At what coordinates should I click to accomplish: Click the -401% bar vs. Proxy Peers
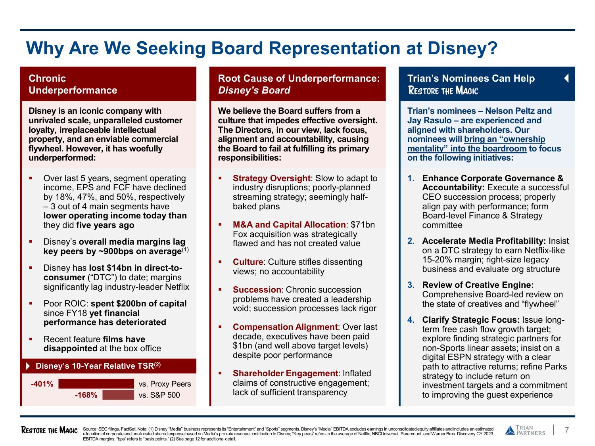(x=96, y=384)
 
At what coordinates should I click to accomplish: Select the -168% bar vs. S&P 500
(x=118, y=395)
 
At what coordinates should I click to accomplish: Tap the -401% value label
(x=42, y=384)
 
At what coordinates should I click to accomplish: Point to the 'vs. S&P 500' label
(x=159, y=395)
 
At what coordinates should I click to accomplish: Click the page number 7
(x=567, y=430)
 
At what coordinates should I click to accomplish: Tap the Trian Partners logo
(x=525, y=431)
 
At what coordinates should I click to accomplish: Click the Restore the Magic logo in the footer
(x=49, y=431)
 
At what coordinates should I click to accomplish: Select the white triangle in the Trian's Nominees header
(x=566, y=78)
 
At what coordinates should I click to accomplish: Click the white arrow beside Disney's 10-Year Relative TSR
(x=28, y=366)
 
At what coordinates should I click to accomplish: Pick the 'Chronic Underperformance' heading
(x=73, y=84)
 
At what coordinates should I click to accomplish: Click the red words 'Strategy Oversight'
(x=271, y=178)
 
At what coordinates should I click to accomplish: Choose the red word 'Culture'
(x=248, y=262)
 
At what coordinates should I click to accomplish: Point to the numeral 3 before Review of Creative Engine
(x=411, y=285)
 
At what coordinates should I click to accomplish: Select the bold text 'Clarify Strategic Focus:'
(x=471, y=320)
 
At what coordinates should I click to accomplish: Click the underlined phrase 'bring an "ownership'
(x=505, y=139)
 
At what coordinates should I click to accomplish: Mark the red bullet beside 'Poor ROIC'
(x=31, y=304)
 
